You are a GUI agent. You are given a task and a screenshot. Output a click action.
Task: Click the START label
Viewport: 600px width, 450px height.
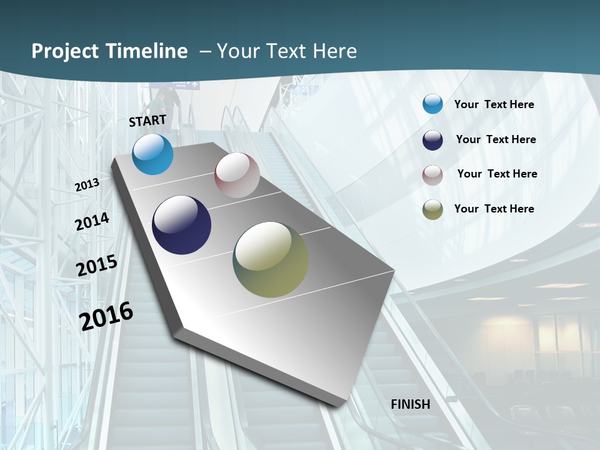(147, 121)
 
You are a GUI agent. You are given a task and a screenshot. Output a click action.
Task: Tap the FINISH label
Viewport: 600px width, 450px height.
(410, 404)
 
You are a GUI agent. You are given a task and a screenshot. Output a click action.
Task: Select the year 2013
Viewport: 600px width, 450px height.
(87, 184)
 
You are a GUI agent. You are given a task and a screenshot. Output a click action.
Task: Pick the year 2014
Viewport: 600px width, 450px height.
(92, 222)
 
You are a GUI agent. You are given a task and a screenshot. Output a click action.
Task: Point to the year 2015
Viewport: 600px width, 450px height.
(97, 266)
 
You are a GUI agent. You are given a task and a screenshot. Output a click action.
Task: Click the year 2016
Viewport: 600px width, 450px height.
(106, 316)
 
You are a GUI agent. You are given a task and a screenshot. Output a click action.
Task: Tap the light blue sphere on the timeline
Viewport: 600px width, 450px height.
(152, 154)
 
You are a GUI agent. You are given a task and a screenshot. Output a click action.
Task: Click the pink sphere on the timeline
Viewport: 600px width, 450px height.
(237, 175)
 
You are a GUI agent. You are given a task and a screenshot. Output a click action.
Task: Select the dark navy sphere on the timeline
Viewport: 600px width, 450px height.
(181, 225)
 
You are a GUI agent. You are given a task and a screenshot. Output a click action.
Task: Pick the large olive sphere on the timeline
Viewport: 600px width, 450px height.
(271, 259)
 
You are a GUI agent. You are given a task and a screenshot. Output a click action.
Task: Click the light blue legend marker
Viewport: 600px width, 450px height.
(432, 104)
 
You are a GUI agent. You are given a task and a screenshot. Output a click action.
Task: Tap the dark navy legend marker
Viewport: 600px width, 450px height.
(432, 140)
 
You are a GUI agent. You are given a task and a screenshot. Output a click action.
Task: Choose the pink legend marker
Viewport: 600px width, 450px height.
(432, 175)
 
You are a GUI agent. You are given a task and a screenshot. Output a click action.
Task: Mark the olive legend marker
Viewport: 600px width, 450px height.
(432, 209)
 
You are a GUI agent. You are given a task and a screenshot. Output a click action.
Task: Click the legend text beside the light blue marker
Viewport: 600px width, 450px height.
(494, 104)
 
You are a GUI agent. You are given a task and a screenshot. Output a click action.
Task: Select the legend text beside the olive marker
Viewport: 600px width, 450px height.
(494, 209)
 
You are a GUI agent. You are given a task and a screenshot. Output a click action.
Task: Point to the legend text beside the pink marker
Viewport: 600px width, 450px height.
(497, 174)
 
